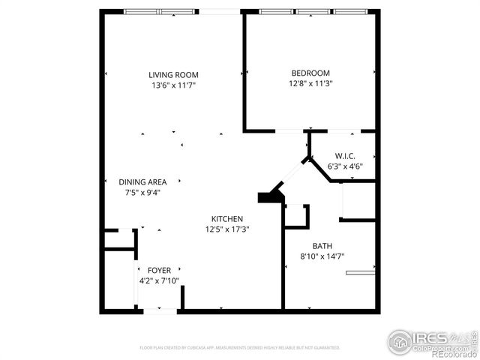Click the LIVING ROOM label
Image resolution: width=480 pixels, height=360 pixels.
click(x=172, y=74)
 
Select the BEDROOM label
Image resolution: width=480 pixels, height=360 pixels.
click(x=310, y=73)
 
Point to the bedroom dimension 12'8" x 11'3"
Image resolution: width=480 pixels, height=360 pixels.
click(x=310, y=83)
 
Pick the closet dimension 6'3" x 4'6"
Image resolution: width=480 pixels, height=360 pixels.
click(x=345, y=166)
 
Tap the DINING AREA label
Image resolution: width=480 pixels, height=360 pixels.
click(x=142, y=181)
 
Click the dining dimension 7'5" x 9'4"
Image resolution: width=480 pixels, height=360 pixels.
click(x=142, y=192)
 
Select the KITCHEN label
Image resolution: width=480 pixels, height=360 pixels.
click(x=226, y=218)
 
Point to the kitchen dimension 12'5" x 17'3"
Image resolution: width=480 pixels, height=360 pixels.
click(x=226, y=229)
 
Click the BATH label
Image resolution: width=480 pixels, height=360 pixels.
click(x=322, y=245)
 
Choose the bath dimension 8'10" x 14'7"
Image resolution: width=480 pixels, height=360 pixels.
click(x=322, y=256)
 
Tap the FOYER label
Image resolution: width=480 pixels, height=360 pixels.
click(x=158, y=270)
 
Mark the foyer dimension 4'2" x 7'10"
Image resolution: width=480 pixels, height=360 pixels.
click(x=158, y=280)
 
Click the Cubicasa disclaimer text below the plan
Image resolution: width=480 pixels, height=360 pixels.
click(x=240, y=347)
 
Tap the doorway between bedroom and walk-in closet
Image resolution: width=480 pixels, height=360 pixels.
click(x=287, y=132)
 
